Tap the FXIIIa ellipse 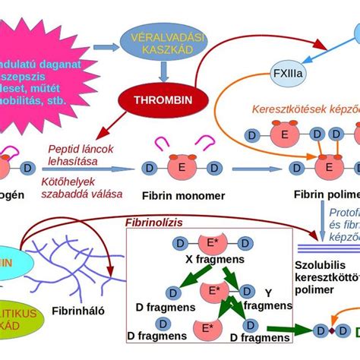(x=287, y=74)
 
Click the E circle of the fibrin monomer (x=182, y=166)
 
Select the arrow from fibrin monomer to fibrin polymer (x=258, y=167)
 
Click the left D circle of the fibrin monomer (x=150, y=167)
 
